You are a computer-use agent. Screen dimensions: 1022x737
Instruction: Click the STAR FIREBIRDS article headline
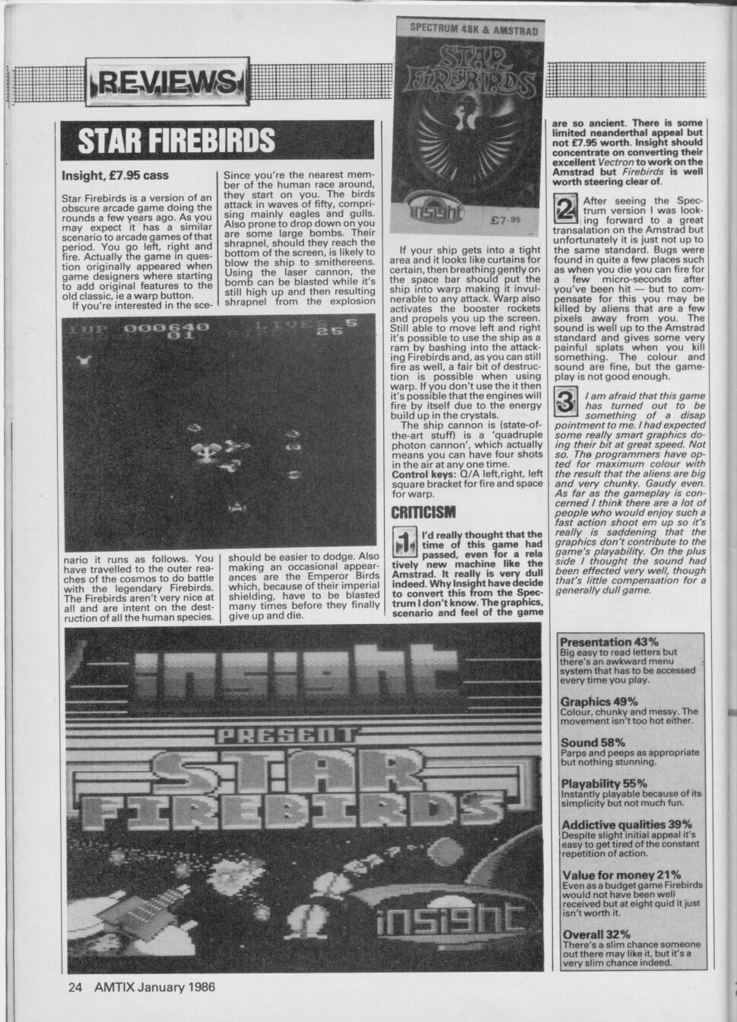coord(176,141)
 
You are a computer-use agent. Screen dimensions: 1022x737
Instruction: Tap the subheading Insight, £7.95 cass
coord(115,176)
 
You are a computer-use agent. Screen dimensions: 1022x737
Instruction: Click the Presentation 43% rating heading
coord(609,642)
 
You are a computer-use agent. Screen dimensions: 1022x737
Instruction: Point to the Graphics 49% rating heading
coord(599,701)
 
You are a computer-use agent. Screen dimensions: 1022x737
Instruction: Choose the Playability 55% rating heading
coord(604,783)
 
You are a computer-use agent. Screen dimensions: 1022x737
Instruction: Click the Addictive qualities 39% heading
coord(626,824)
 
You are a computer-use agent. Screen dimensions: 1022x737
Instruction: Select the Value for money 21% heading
coord(621,875)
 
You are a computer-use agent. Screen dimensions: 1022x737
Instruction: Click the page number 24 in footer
coord(75,987)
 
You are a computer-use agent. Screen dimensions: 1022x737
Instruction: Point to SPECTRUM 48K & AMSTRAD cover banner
coord(474,31)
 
